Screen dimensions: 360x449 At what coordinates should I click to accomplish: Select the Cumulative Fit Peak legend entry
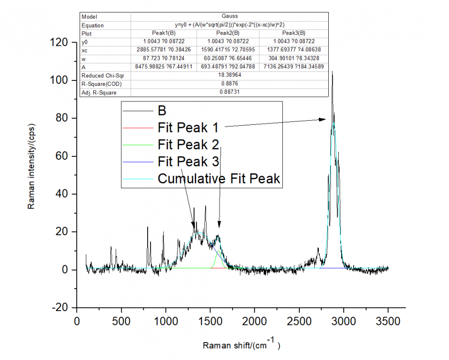(x=219, y=178)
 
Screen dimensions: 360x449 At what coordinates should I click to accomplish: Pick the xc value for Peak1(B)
(x=164, y=50)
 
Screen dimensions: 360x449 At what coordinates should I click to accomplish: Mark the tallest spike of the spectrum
(x=332, y=72)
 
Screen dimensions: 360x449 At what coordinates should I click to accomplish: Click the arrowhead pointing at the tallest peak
(x=325, y=119)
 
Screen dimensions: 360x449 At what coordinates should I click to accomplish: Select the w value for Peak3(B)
(x=294, y=58)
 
